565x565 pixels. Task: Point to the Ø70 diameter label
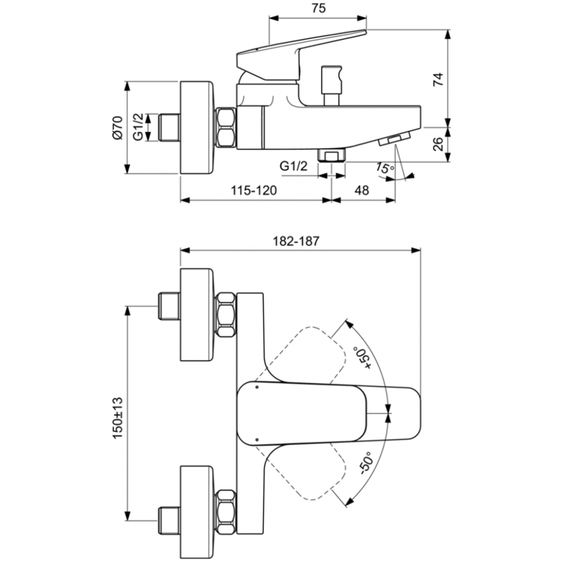117,128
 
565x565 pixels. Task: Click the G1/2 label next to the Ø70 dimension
137,128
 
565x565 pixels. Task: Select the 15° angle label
384,168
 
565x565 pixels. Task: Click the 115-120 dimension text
254,190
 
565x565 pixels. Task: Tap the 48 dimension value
362,190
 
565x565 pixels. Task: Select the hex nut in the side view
226,128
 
